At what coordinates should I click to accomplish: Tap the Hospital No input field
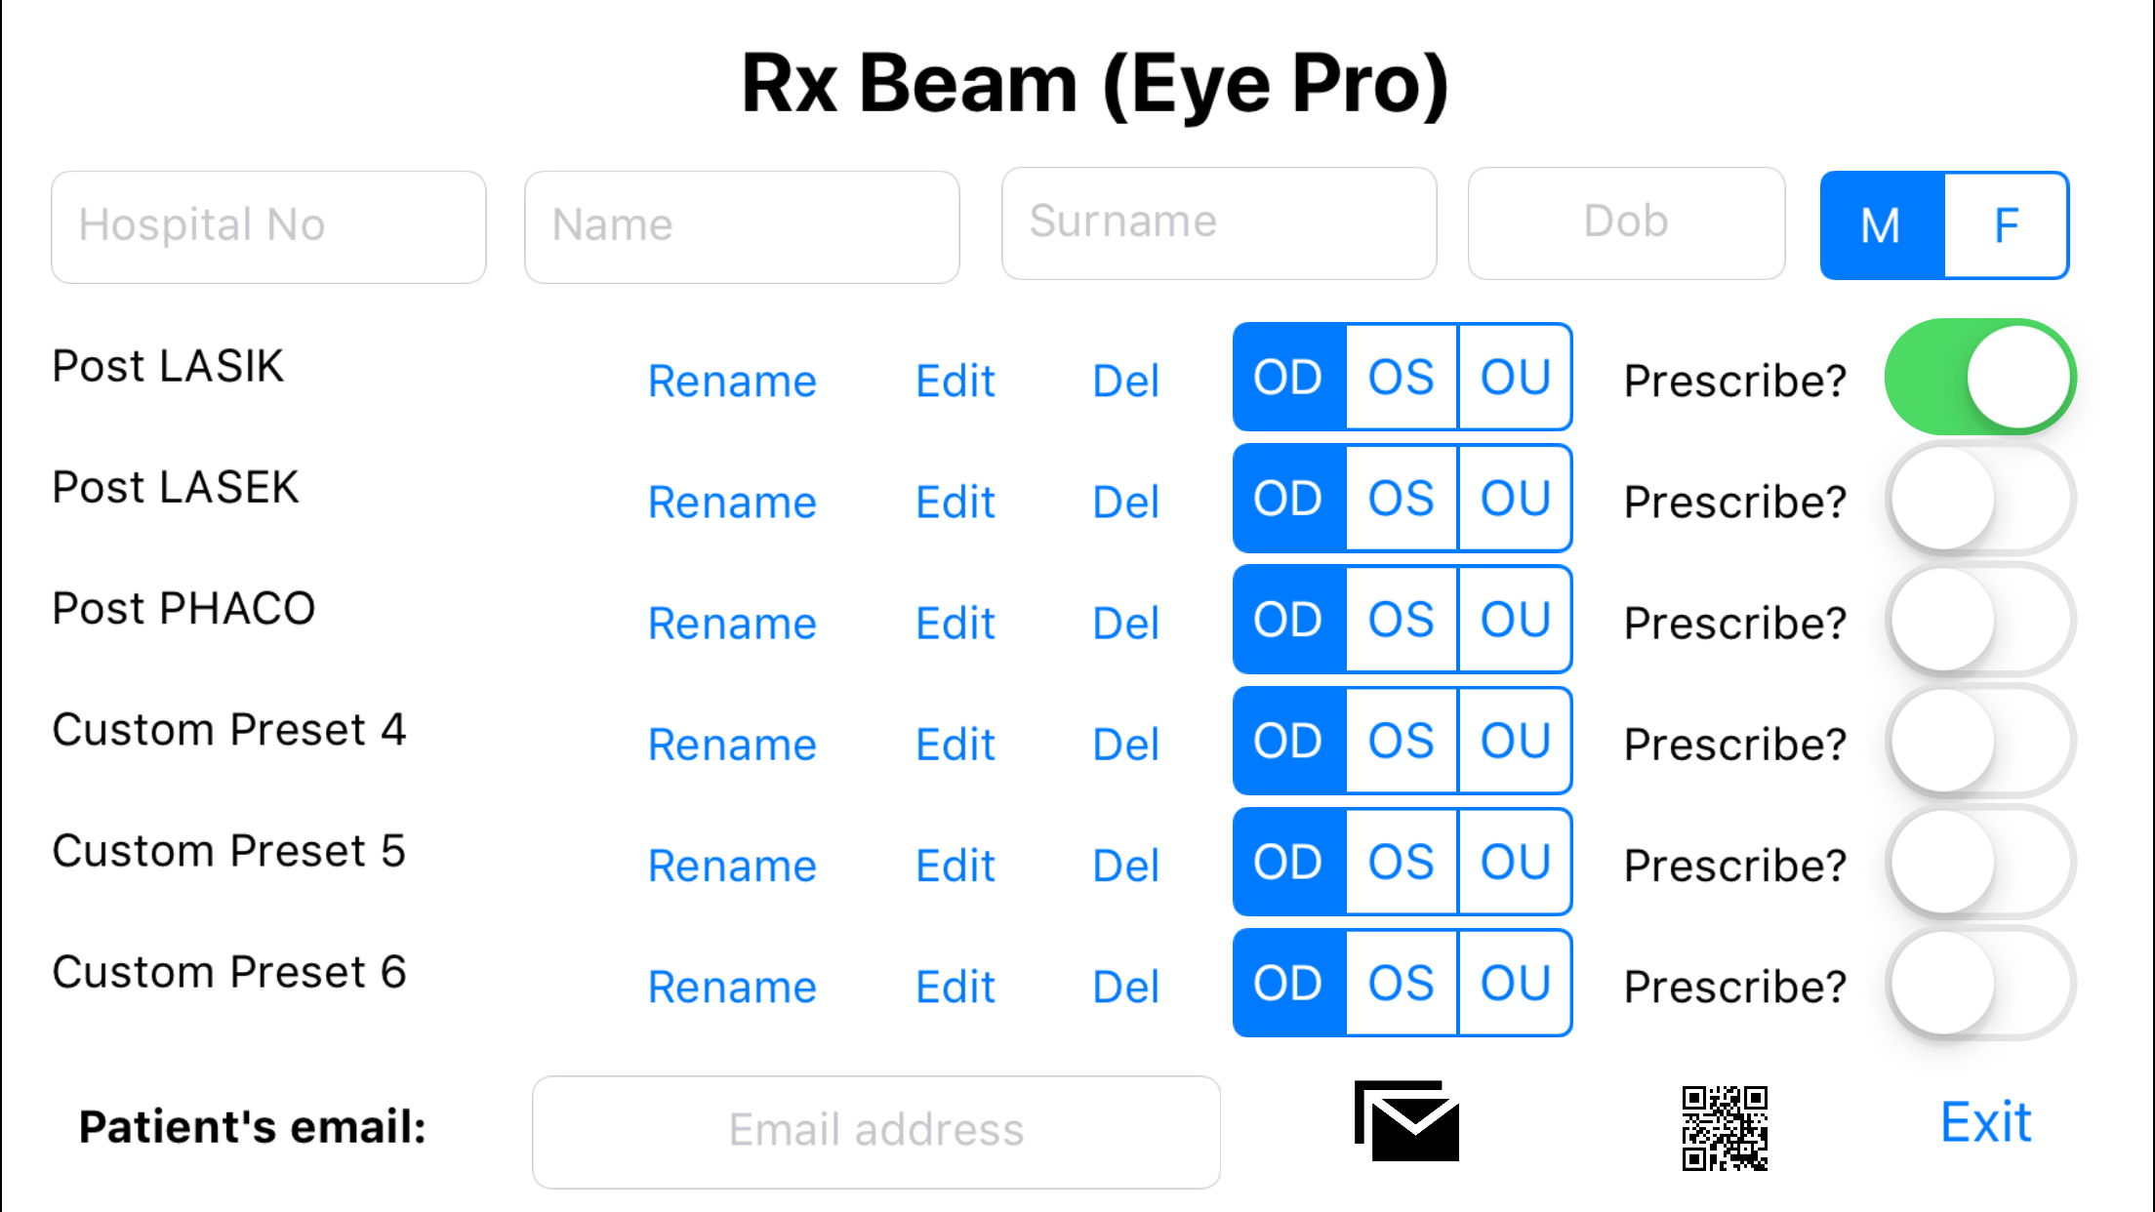click(x=268, y=226)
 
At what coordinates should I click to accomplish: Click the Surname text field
click(x=1218, y=222)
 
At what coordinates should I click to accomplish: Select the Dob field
click(x=1626, y=222)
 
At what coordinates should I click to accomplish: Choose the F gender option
click(x=2006, y=225)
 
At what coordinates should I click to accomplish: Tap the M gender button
click(x=1882, y=225)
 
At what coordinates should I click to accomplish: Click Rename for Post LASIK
click(x=732, y=381)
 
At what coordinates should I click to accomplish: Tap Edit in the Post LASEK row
click(x=955, y=502)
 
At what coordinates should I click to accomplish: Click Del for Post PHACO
click(x=1125, y=623)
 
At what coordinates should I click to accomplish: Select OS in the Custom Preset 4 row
click(x=1402, y=741)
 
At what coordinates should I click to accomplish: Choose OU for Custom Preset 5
click(x=1515, y=862)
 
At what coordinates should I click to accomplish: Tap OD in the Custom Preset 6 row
click(x=1288, y=983)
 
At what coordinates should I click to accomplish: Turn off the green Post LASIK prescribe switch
click(x=1979, y=377)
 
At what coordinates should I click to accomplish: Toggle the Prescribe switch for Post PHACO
click(x=1979, y=620)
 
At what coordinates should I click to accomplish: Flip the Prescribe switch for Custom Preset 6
click(x=1979, y=984)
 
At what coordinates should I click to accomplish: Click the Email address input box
click(x=875, y=1131)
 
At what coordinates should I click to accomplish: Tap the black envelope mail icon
click(x=1406, y=1121)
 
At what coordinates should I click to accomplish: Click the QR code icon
click(x=1724, y=1127)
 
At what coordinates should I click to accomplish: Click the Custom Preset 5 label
click(x=228, y=851)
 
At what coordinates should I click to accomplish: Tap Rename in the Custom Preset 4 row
click(x=732, y=745)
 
